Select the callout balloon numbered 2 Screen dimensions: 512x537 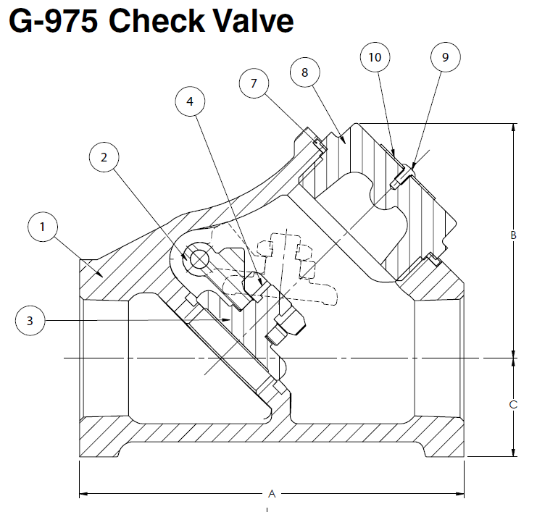[x=104, y=157]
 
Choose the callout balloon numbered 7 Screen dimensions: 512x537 [x=254, y=84]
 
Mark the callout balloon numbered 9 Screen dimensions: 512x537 [x=445, y=56]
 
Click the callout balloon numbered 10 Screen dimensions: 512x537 [x=378, y=56]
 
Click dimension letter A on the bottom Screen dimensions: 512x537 [x=272, y=495]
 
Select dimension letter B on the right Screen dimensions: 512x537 [x=513, y=235]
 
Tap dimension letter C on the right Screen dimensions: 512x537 [x=513, y=405]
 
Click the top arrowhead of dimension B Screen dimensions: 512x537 [x=513, y=127]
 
